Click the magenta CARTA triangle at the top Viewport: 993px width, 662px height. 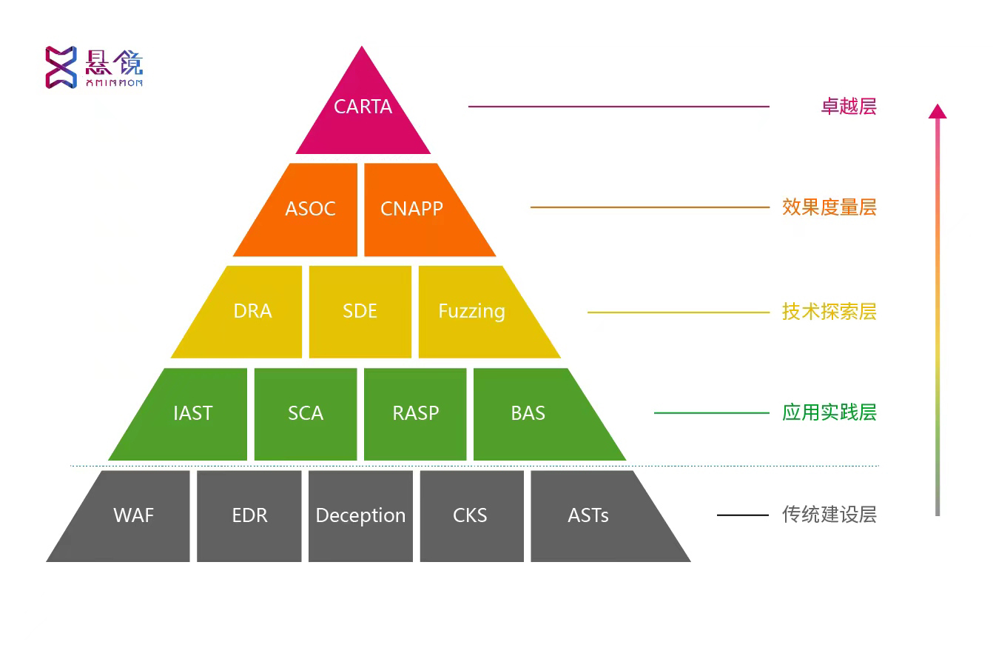[x=363, y=111]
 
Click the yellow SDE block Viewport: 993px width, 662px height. [x=360, y=312]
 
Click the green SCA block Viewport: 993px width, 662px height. [x=306, y=414]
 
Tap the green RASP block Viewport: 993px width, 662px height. [x=415, y=414]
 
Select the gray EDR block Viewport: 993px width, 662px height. [x=249, y=516]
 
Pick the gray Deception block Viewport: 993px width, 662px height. [x=360, y=516]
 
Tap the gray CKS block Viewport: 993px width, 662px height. [x=471, y=516]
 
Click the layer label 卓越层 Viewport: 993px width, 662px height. [x=848, y=107]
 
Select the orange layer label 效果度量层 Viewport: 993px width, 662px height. [x=829, y=207]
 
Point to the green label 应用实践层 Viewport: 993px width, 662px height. [x=829, y=412]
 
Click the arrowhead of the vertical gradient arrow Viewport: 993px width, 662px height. [x=938, y=111]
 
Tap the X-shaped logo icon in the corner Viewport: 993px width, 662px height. [x=61, y=67]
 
